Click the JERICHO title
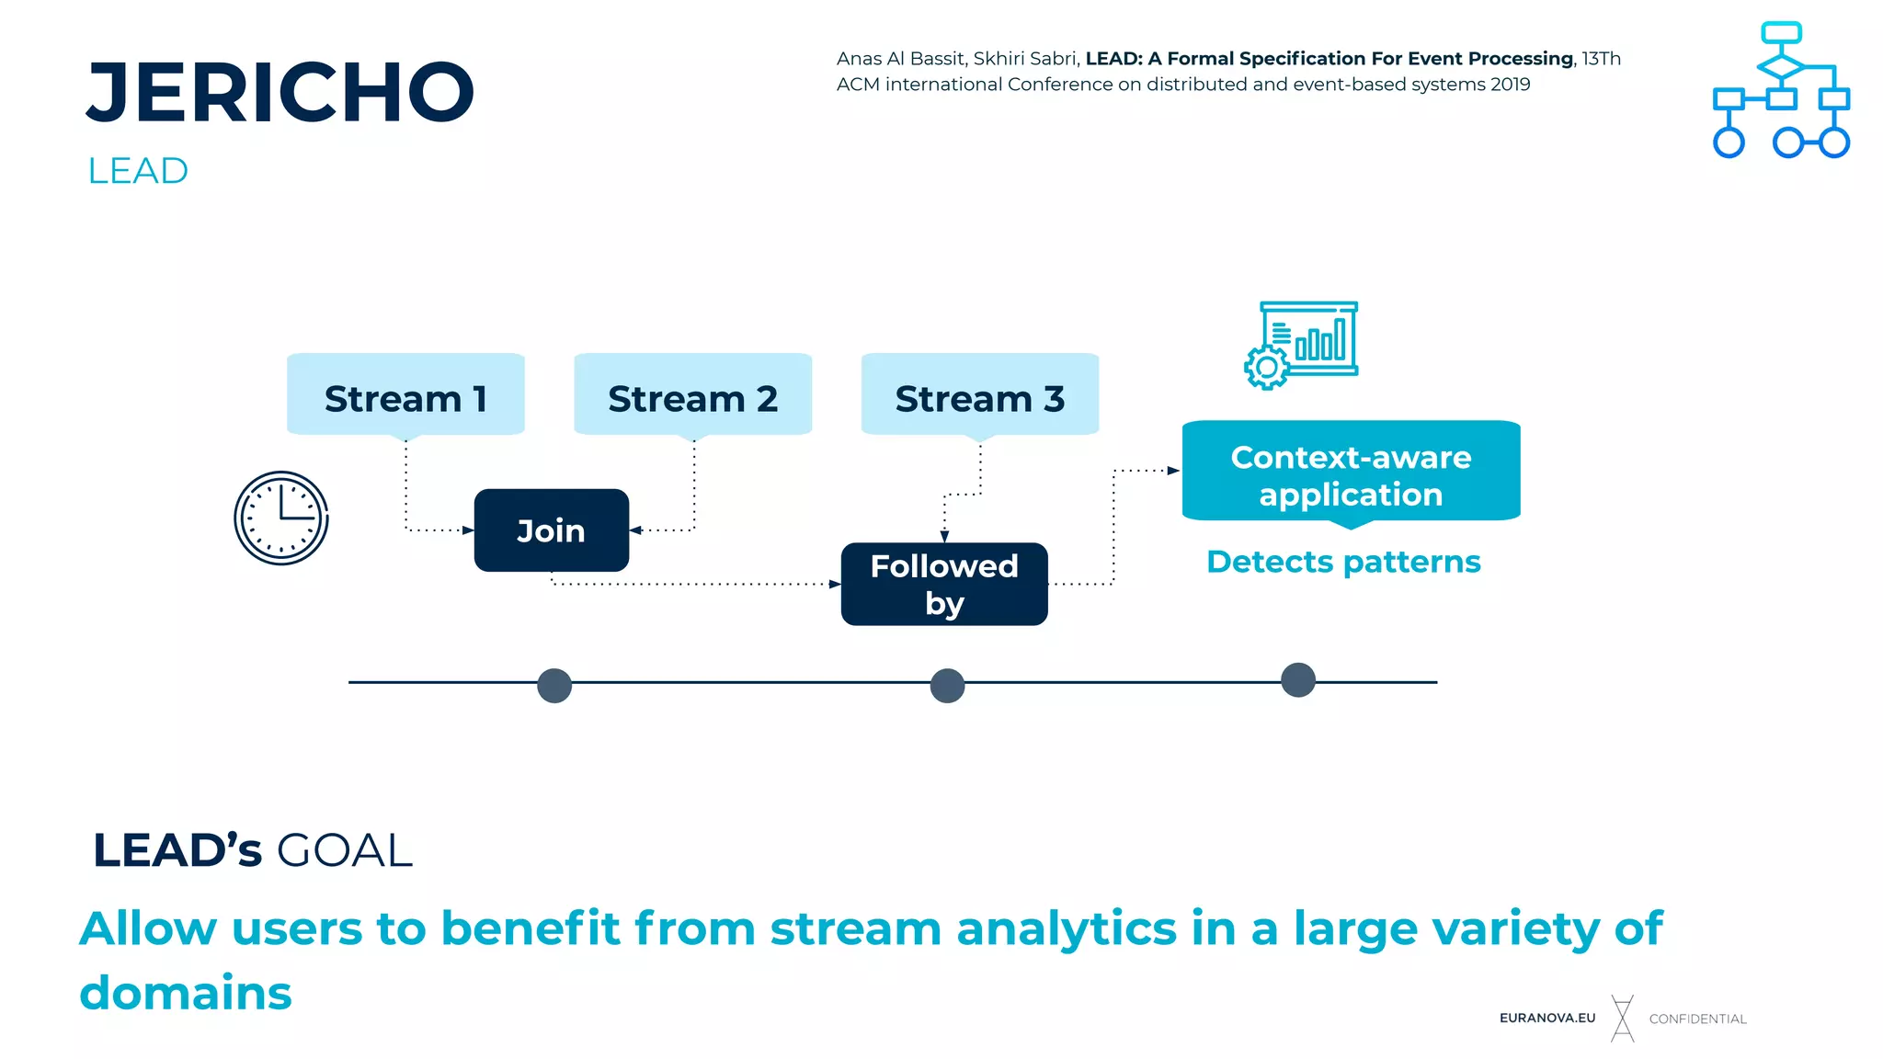click(280, 92)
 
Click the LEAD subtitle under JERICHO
click(138, 171)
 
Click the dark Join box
click(551, 530)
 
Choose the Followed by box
click(944, 584)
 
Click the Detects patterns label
click(1343, 561)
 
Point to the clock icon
click(281, 518)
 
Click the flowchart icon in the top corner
click(1781, 90)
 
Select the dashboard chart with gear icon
click(1301, 346)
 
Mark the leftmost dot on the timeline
click(554, 686)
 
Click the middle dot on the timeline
click(947, 686)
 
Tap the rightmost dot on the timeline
click(1297, 680)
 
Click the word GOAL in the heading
click(345, 850)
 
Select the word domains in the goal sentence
click(186, 993)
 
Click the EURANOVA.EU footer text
click(1547, 1018)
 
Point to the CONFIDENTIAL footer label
click(1697, 1019)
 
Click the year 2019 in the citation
click(1510, 85)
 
